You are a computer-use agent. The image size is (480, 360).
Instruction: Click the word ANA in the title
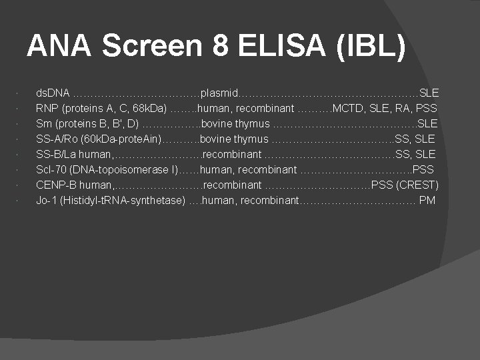tap(60, 46)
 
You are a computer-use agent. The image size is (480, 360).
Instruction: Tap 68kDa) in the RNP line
tap(150, 108)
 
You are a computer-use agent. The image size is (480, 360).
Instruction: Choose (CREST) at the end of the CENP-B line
tap(417, 185)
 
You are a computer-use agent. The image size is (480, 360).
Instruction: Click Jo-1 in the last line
tap(46, 200)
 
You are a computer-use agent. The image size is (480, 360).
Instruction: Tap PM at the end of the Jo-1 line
tap(427, 200)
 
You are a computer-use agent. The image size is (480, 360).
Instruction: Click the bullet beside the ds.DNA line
tap(25, 93)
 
